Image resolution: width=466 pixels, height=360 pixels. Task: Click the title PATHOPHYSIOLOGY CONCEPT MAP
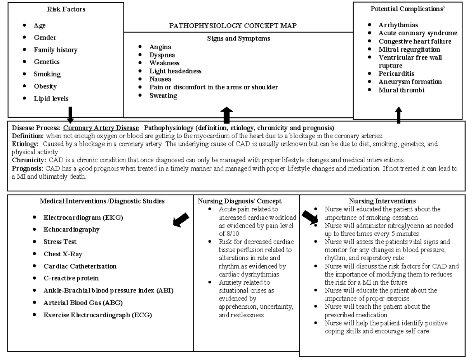(233, 26)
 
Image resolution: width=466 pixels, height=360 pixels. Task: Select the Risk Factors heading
(66, 9)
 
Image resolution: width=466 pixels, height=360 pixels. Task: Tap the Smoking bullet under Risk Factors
(47, 74)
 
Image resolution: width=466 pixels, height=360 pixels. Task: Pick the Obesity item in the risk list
(45, 86)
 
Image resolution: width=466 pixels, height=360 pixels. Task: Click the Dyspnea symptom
(162, 55)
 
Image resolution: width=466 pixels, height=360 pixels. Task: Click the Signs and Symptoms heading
(238, 38)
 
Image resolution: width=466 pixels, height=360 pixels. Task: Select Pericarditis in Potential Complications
(396, 73)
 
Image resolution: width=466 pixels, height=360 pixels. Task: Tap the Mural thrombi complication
(401, 90)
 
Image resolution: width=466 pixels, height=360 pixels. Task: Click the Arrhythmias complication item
(398, 25)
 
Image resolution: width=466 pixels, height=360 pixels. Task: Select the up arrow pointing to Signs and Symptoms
(227, 115)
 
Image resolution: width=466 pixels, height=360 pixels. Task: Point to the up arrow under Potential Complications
(398, 115)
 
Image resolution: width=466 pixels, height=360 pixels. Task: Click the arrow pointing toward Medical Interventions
(181, 220)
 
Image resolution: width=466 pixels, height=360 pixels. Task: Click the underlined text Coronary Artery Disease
(101, 128)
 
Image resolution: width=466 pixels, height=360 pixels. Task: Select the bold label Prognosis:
(28, 169)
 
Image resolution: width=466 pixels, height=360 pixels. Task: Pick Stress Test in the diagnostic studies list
(60, 242)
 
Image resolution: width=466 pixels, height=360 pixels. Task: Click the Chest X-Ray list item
(63, 254)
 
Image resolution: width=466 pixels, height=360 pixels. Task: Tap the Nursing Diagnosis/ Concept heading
(240, 201)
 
